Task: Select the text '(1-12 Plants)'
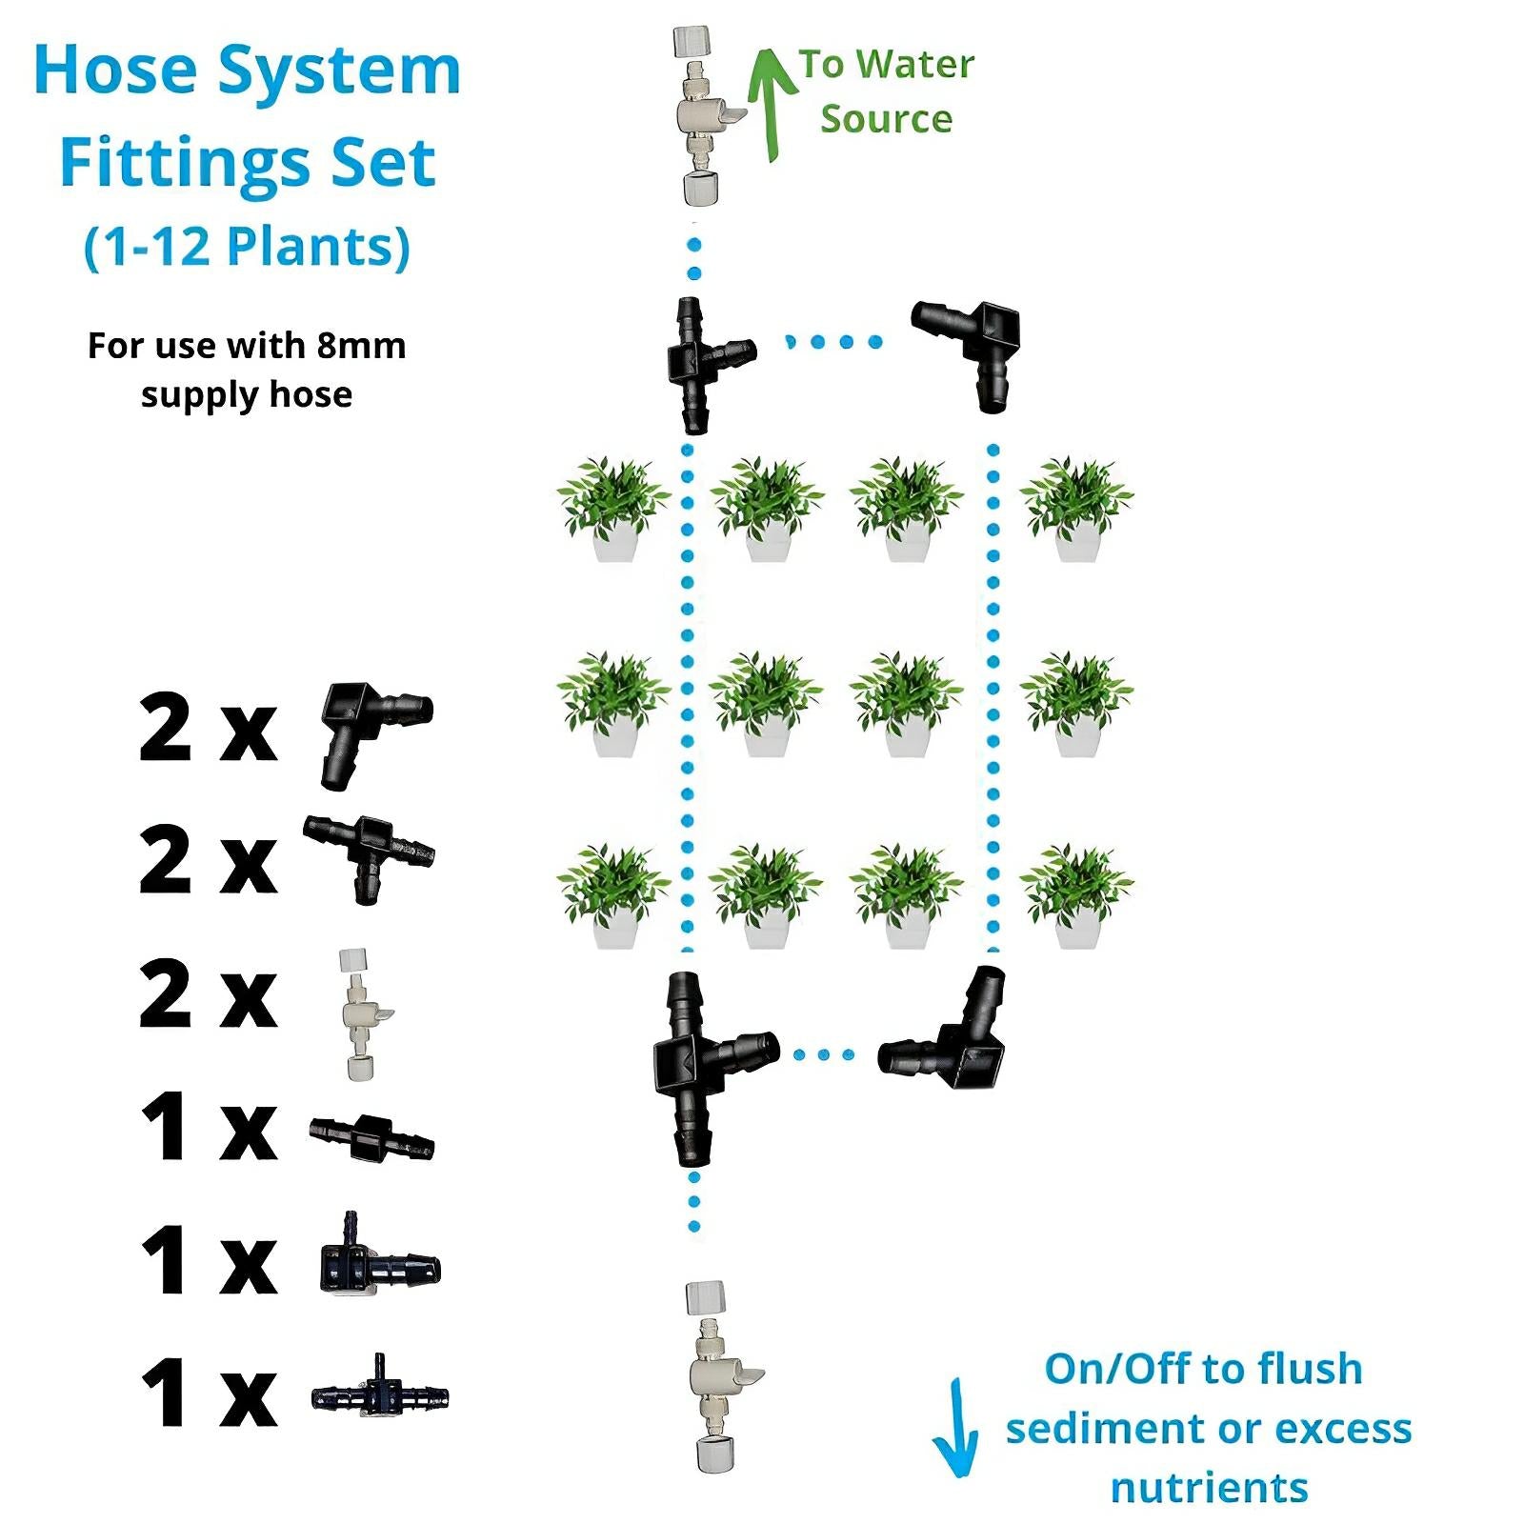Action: coord(248,247)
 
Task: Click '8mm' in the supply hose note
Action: coord(361,346)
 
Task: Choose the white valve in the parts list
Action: coord(361,1014)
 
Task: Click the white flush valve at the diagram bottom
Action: coord(714,1376)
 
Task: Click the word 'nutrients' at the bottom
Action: coord(1209,1488)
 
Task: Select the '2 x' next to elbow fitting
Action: coord(208,730)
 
